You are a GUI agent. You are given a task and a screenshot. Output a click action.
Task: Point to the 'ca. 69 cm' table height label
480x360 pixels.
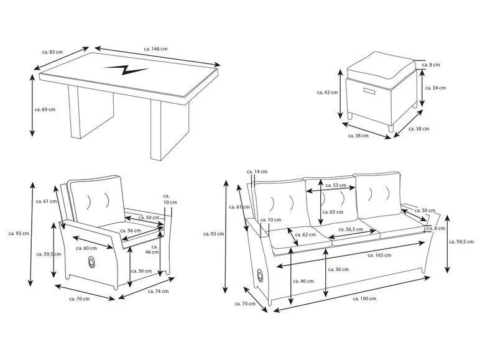click(x=45, y=109)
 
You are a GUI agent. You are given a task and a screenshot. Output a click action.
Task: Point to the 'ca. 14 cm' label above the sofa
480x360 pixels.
click(x=257, y=172)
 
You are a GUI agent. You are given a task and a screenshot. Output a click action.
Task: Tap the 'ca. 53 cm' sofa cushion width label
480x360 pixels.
click(x=339, y=185)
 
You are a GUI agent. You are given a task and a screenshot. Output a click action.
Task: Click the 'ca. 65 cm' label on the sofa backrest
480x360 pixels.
click(x=337, y=212)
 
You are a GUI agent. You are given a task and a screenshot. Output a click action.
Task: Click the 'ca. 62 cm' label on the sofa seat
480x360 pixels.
click(x=307, y=234)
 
